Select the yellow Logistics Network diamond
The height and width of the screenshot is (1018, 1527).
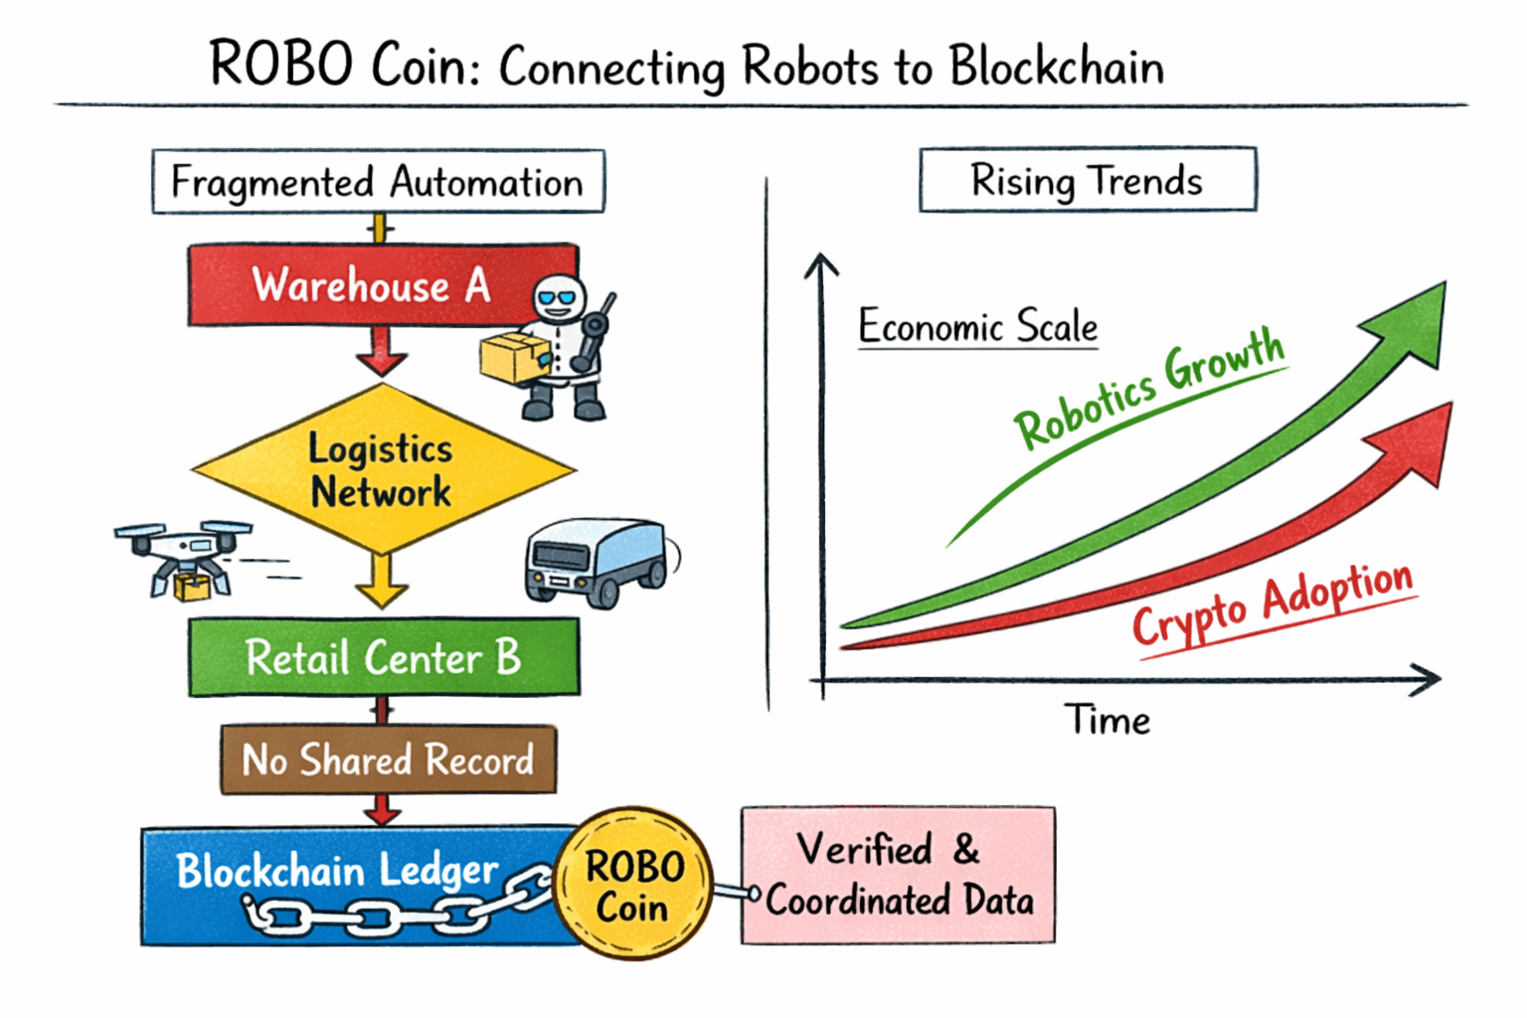383,469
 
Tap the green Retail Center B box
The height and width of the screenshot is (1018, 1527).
384,657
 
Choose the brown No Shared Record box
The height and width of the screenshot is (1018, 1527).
388,760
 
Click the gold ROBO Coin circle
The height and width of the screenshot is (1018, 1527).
633,884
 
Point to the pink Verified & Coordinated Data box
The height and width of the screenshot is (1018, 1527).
898,875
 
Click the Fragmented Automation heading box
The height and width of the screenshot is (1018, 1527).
378,182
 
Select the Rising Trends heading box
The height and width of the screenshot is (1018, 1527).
1087,180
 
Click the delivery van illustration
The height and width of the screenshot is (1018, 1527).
596,561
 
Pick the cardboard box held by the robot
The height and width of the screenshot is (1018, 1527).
514,358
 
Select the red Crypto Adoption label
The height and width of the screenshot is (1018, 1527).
1272,602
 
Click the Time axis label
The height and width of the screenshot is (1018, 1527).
1106,720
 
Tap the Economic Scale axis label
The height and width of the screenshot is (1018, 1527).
977,326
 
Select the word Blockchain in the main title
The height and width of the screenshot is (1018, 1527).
1056,67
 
